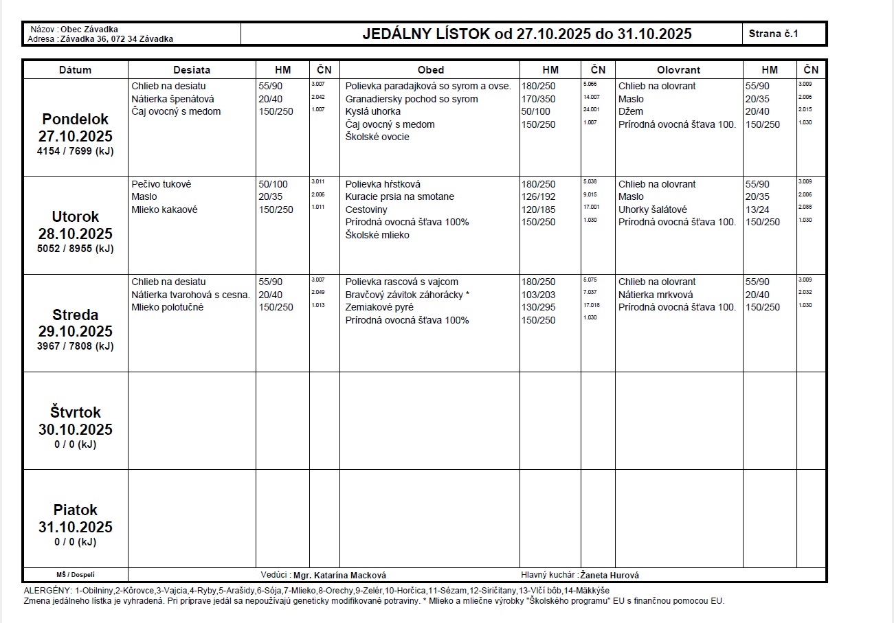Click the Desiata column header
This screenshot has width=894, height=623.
pos(192,70)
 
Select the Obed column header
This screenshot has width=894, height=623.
pos(430,70)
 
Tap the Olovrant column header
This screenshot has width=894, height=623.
pos(678,70)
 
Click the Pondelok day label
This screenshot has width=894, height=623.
pos(75,119)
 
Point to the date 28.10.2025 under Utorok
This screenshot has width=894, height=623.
pos(75,234)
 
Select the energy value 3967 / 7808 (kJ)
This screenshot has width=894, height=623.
pos(75,346)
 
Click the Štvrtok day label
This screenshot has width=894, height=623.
pos(75,413)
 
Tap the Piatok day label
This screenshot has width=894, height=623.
pos(75,510)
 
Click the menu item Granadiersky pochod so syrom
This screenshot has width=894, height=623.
pos(412,99)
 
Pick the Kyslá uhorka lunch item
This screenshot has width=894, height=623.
pos(373,111)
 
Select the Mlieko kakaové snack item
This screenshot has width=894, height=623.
pos(164,209)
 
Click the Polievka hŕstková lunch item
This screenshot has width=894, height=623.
pos(383,184)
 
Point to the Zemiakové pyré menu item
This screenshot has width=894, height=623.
pos(379,307)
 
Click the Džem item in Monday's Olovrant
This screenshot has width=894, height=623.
pos(630,111)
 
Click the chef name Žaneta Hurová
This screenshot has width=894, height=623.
pos(610,576)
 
